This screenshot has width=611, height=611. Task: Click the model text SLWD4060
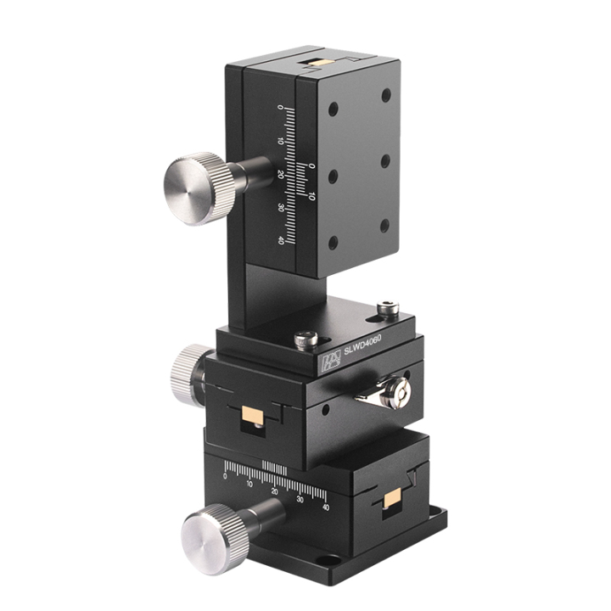pyautogui.click(x=362, y=345)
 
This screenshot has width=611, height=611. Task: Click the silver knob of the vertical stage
pyautogui.click(x=199, y=188)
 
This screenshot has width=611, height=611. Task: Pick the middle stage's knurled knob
pyautogui.click(x=186, y=376)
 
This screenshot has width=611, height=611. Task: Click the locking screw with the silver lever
pyautogui.click(x=395, y=395)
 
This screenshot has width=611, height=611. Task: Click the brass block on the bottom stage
pyautogui.click(x=394, y=500)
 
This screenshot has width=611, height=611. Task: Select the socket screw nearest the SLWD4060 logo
pyautogui.click(x=306, y=339)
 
